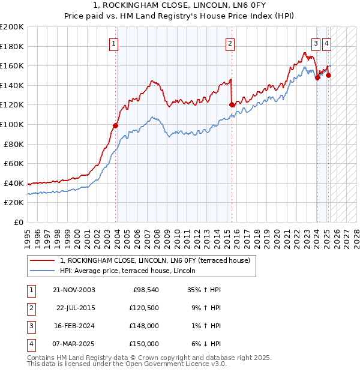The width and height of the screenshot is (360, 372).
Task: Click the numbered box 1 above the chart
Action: coord(113,43)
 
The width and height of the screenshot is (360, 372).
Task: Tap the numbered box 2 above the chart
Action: coord(230,43)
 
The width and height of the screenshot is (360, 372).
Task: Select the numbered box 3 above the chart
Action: coord(316,43)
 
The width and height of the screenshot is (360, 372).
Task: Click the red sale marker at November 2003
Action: coord(116,125)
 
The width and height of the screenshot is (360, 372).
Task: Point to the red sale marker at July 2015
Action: coord(232,104)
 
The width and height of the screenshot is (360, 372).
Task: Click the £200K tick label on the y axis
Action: coord(12,27)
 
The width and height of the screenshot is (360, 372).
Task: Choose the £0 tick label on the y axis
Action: coord(18,222)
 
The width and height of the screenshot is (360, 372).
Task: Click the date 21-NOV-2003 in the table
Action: coord(74,290)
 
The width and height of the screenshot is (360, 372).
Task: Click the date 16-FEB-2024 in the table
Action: coord(74,326)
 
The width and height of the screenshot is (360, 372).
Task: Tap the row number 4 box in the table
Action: coord(31,344)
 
